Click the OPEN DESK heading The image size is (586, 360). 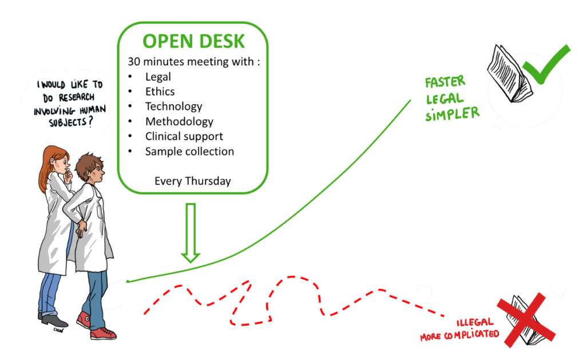tap(193, 41)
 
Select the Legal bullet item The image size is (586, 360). tap(158, 76)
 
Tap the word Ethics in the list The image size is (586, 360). tap(160, 91)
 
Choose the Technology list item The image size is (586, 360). tap(173, 106)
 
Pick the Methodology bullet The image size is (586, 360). tap(179, 121)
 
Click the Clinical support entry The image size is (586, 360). tap(184, 136)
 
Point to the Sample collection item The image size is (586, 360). tap(189, 152)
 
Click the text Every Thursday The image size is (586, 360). tap(192, 181)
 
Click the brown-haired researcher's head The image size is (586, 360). tap(92, 169)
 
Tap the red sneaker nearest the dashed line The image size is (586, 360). tap(104, 332)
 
